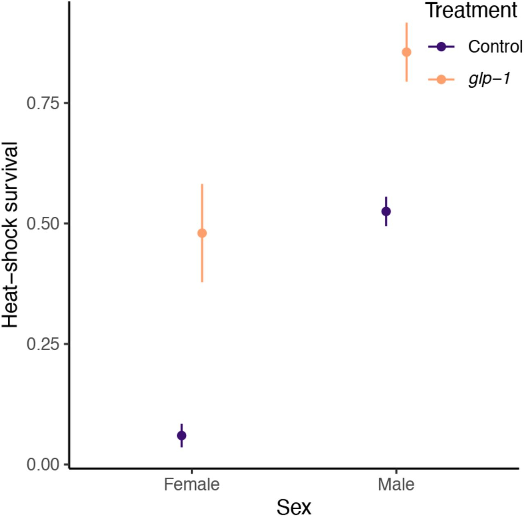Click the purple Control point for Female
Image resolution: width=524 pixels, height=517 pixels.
click(x=181, y=435)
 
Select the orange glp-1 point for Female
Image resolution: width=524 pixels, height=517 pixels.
click(x=202, y=234)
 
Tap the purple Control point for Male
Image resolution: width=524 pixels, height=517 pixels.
click(x=386, y=211)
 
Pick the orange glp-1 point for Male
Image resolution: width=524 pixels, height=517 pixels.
click(x=407, y=52)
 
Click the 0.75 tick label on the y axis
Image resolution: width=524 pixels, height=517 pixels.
click(x=43, y=103)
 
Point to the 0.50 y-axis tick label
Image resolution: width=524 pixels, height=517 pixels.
click(x=43, y=224)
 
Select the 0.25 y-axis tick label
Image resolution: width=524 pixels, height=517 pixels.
click(x=43, y=344)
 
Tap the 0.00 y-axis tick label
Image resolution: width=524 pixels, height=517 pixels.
click(x=43, y=465)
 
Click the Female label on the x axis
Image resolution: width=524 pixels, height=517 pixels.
click(x=192, y=485)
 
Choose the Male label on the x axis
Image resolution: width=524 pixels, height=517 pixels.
click(x=396, y=485)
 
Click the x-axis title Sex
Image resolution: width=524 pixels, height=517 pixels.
click(x=294, y=507)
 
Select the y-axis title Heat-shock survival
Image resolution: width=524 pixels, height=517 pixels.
click(x=10, y=235)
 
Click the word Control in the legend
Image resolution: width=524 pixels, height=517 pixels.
click(x=495, y=47)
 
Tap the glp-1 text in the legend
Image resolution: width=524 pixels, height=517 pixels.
click(x=490, y=79)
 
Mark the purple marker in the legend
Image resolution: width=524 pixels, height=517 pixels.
click(x=441, y=47)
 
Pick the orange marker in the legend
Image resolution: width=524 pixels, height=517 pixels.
click(x=441, y=79)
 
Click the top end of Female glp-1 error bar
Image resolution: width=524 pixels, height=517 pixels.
click(x=202, y=185)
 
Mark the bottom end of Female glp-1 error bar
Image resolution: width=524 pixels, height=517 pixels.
click(x=202, y=282)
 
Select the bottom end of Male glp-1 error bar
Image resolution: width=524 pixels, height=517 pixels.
click(x=407, y=81)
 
